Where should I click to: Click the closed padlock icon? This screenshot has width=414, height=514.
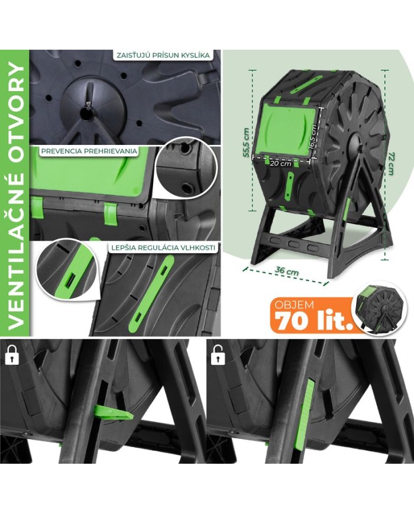(12, 355)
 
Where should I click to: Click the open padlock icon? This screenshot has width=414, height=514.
(219, 355)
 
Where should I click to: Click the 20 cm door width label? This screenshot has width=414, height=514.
(280, 163)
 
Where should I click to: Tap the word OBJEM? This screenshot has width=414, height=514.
(294, 305)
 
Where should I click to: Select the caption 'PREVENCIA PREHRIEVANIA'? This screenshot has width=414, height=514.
(89, 151)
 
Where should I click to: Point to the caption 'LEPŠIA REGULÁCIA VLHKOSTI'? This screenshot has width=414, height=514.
(163, 248)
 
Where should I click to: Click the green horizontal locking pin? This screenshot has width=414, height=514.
(114, 412)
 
